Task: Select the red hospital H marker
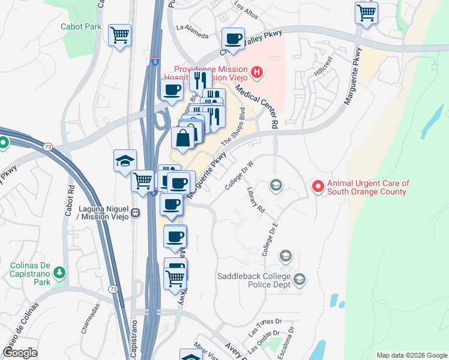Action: pos(257,73)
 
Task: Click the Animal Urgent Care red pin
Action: pos(318,187)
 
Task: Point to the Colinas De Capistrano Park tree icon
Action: pos(59,274)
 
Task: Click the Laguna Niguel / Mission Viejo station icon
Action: pos(136,212)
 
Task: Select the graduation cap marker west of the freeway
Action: pos(125,161)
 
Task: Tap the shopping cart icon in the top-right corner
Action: pos(366,12)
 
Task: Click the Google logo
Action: pos(20,353)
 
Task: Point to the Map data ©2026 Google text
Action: pos(411,355)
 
